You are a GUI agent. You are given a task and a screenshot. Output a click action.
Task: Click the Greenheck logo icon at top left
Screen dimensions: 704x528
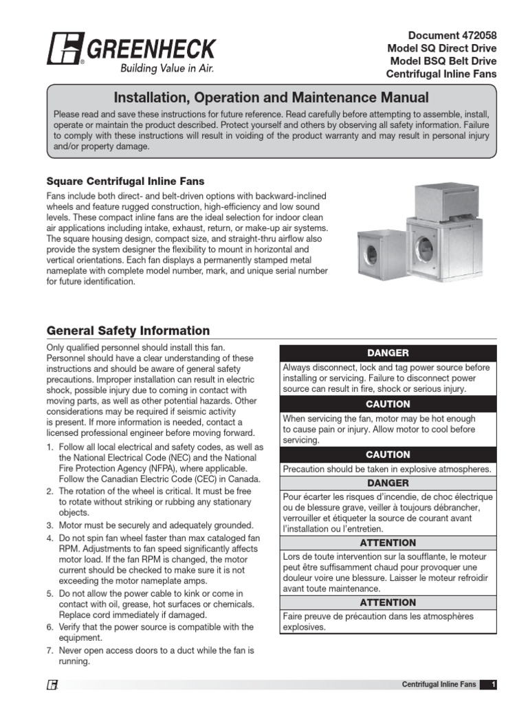pyautogui.click(x=65, y=48)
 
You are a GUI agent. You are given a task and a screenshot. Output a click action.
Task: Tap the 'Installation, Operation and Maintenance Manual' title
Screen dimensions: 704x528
pyautogui.click(x=271, y=98)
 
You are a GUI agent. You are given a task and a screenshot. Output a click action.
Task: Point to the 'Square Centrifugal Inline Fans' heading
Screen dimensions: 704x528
pyautogui.click(x=125, y=181)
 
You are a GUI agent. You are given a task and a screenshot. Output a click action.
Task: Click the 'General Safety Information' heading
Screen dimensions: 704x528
pyautogui.click(x=128, y=331)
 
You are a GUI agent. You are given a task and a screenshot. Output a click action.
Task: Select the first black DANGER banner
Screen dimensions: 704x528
pyautogui.click(x=388, y=353)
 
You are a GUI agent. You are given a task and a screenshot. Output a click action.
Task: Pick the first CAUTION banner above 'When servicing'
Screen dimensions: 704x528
pyautogui.click(x=388, y=404)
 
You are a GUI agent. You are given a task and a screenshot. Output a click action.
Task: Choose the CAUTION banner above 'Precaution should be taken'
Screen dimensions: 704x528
pyautogui.click(x=388, y=454)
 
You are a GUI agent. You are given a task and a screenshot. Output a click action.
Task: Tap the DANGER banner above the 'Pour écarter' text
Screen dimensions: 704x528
pyautogui.click(x=388, y=483)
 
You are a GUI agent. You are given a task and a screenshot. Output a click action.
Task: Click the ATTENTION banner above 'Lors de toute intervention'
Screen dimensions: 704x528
pyautogui.click(x=388, y=542)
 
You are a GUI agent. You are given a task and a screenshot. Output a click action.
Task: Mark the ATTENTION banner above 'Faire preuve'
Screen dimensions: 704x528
pyautogui.click(x=388, y=602)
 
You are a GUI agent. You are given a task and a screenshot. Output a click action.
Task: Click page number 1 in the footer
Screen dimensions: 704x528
pyautogui.click(x=494, y=685)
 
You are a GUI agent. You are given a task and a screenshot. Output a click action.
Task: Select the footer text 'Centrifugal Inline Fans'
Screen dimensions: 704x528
pyautogui.click(x=439, y=685)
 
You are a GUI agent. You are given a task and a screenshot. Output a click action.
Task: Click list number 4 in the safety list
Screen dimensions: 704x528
pyautogui.click(x=50, y=537)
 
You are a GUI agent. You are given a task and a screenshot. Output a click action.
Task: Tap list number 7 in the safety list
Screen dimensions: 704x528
pyautogui.click(x=50, y=650)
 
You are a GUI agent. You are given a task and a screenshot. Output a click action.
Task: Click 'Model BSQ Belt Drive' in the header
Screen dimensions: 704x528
pyautogui.click(x=441, y=61)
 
